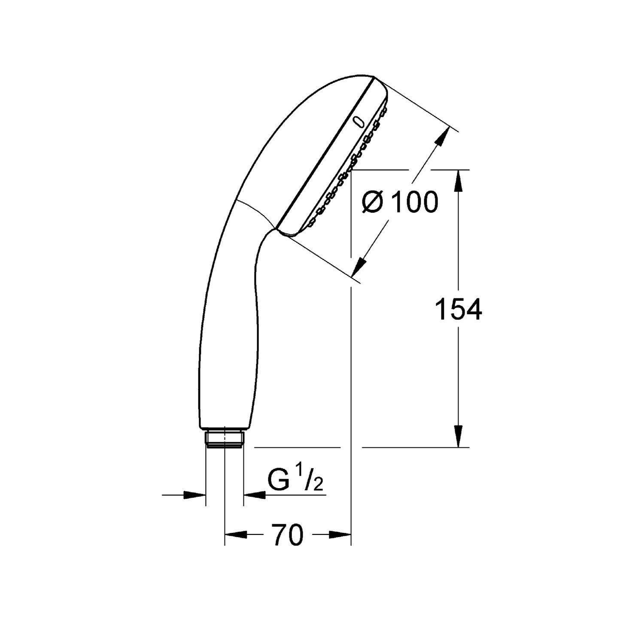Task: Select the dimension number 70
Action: point(287,535)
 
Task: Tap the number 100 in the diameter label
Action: point(415,202)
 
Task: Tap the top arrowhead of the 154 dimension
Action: point(459,179)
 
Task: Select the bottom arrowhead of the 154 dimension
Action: point(459,437)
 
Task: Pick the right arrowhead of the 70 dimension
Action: point(341,535)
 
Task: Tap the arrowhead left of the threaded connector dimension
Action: point(196,495)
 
